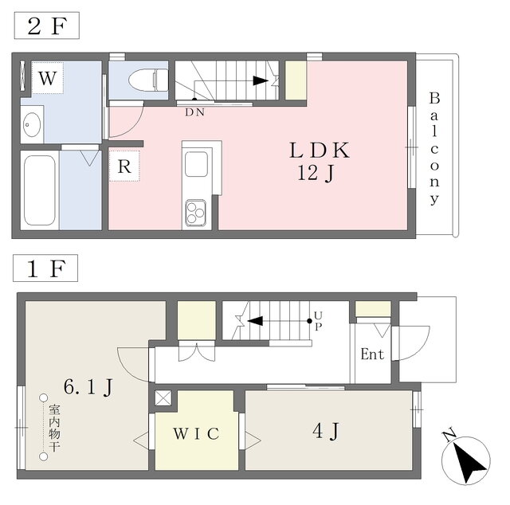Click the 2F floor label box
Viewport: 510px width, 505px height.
(x=46, y=25)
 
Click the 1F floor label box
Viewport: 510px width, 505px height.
(x=45, y=268)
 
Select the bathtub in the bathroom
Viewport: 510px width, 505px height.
(x=40, y=190)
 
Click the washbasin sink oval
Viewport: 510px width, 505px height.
(x=32, y=124)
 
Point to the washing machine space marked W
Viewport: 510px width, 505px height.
(x=48, y=78)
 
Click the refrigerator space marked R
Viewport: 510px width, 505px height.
(x=124, y=166)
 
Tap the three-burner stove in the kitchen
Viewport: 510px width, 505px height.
(x=195, y=213)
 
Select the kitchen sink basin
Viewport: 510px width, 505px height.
(x=197, y=164)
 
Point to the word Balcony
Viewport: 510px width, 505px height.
(x=434, y=149)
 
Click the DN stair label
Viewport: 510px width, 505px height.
(x=194, y=112)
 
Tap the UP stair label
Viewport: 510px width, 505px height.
(x=318, y=321)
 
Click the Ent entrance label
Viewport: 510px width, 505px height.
(x=372, y=354)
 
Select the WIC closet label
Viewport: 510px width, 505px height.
(x=196, y=434)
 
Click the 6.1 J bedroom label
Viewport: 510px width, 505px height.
(x=88, y=387)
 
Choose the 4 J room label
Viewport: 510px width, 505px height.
(x=326, y=431)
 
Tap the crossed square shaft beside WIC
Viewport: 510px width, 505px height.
(x=163, y=398)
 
